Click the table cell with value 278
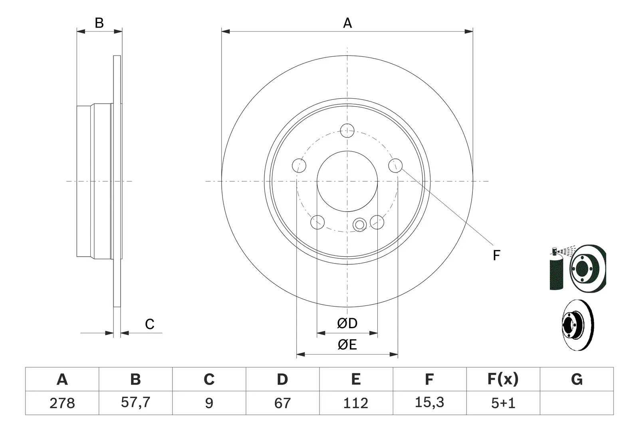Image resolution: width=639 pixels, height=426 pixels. click(x=62, y=403)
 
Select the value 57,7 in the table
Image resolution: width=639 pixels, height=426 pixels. click(x=135, y=402)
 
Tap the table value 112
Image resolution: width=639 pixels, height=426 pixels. click(x=356, y=403)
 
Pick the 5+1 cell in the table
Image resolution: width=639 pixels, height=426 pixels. click(x=503, y=403)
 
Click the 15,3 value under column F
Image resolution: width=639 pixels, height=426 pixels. click(x=429, y=402)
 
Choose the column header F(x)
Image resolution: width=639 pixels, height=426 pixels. click(x=503, y=379)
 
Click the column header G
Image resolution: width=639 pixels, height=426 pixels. click(x=577, y=379)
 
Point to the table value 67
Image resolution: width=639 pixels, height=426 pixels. click(x=282, y=403)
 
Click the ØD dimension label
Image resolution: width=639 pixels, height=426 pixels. click(x=347, y=323)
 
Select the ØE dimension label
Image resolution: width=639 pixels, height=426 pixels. click(x=347, y=345)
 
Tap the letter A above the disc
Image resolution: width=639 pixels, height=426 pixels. click(x=347, y=23)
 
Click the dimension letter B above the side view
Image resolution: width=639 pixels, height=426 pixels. click(x=99, y=23)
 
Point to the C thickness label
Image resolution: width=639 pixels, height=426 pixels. click(x=149, y=324)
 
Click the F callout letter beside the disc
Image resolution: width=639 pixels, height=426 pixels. click(x=496, y=255)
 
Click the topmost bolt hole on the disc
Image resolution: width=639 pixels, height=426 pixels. click(x=347, y=131)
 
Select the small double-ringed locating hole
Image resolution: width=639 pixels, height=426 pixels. click(x=360, y=225)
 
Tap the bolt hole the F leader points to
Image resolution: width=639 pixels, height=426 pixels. click(x=395, y=166)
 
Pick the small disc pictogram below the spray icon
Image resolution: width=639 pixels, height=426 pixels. click(x=577, y=325)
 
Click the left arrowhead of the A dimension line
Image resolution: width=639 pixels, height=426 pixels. click(x=226, y=32)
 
